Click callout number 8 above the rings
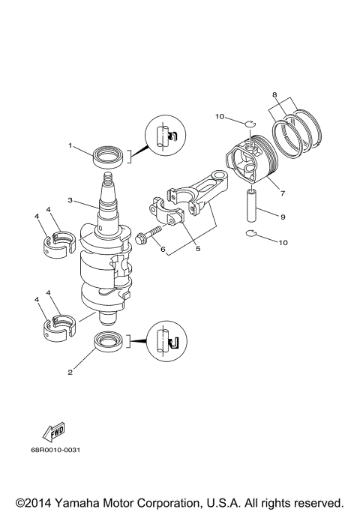(x=275, y=95)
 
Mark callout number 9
(x=282, y=217)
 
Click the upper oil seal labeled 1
(x=107, y=157)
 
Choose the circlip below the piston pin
(x=253, y=238)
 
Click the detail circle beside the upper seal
(x=165, y=136)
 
